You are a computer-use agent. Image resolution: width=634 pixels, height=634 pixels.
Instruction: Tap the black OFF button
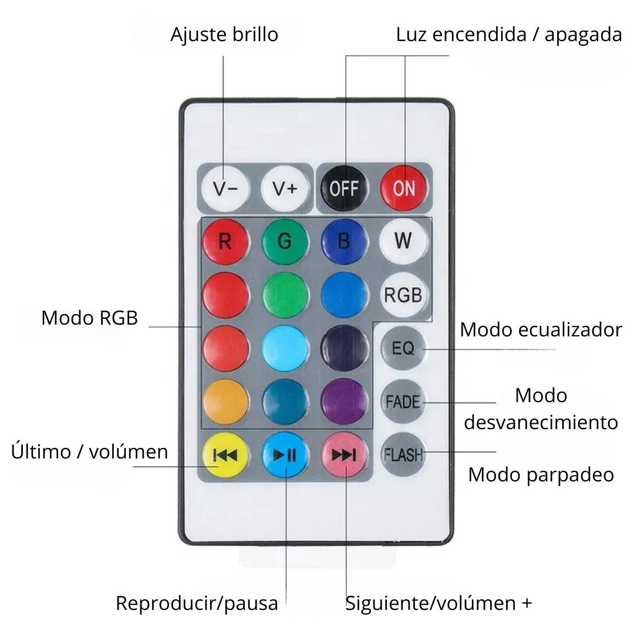click(x=344, y=188)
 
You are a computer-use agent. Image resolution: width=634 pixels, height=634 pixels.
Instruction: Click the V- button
click(x=225, y=188)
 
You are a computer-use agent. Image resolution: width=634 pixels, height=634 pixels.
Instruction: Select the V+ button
click(x=285, y=188)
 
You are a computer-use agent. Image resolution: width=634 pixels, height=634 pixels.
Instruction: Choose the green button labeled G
click(x=285, y=241)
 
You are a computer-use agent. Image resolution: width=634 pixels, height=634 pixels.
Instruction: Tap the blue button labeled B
click(x=345, y=241)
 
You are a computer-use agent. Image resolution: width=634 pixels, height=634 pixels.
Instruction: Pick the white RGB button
click(x=403, y=295)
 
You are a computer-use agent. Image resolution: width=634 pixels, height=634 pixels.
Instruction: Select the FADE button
click(x=403, y=402)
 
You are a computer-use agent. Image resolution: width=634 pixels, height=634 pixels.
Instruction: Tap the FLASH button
click(x=403, y=454)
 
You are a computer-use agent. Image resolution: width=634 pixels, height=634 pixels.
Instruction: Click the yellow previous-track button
click(x=225, y=455)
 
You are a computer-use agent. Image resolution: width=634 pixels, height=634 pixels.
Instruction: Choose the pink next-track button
click(x=345, y=455)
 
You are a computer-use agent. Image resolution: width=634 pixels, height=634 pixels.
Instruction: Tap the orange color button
click(x=225, y=402)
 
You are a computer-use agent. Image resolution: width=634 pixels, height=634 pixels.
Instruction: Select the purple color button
click(x=345, y=402)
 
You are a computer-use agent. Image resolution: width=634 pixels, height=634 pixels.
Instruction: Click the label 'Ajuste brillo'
click(x=224, y=34)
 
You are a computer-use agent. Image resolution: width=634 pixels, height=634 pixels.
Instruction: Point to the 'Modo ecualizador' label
click(x=541, y=330)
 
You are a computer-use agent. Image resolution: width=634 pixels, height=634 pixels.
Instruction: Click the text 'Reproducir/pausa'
click(x=197, y=603)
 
